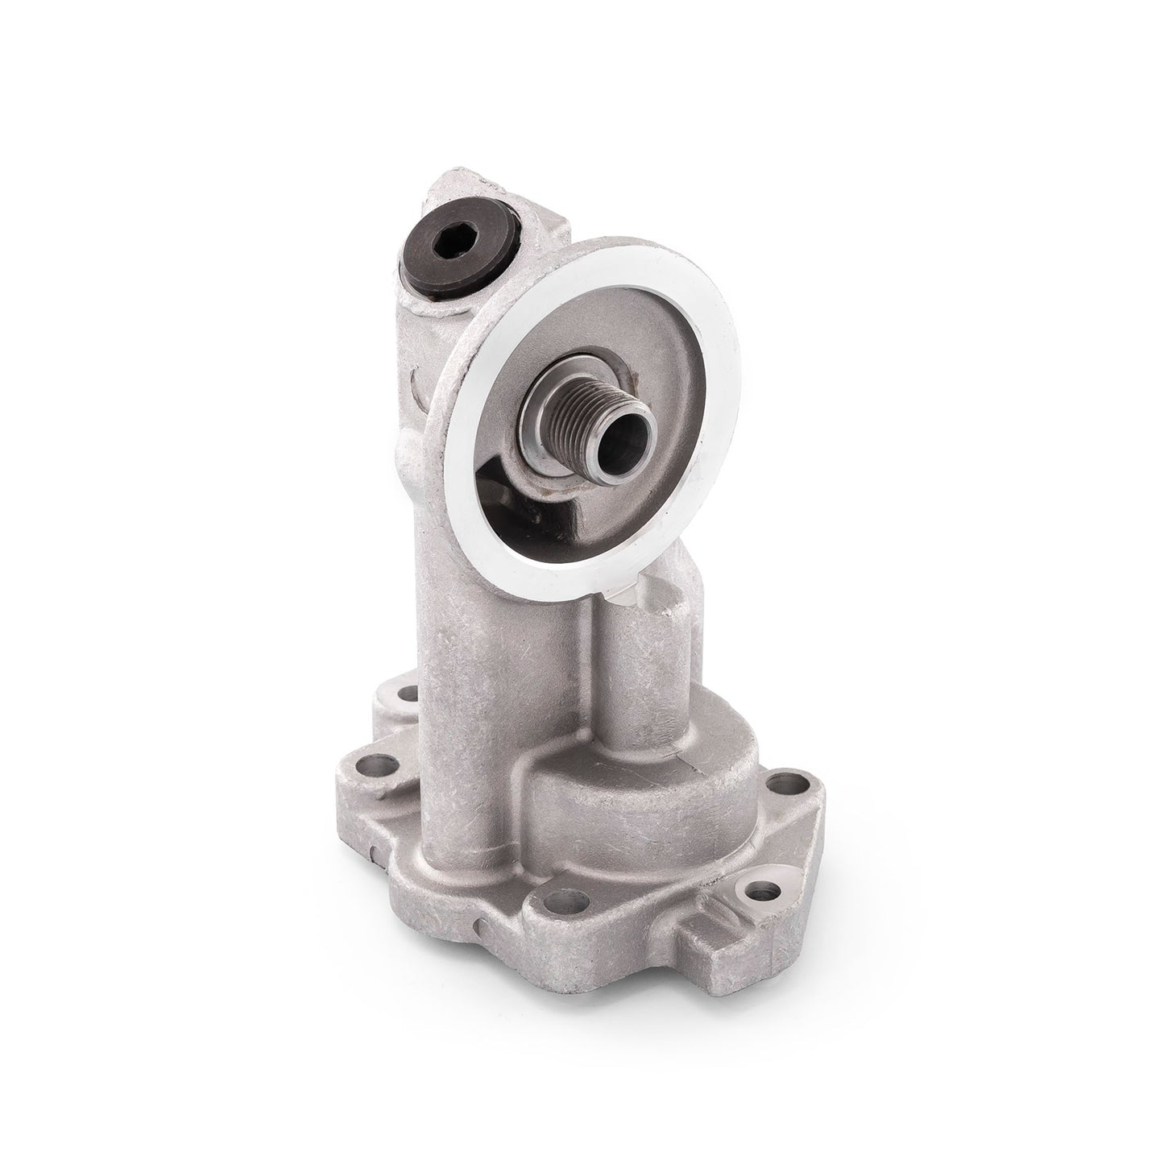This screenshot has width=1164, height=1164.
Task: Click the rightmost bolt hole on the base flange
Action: click(781, 781)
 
